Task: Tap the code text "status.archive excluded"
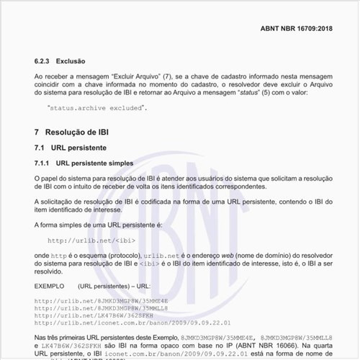point(96,107)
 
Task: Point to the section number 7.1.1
point(44,163)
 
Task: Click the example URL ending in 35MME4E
point(108,300)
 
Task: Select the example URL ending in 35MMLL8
point(108,308)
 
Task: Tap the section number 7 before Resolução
point(37,132)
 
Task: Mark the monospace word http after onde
point(60,256)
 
